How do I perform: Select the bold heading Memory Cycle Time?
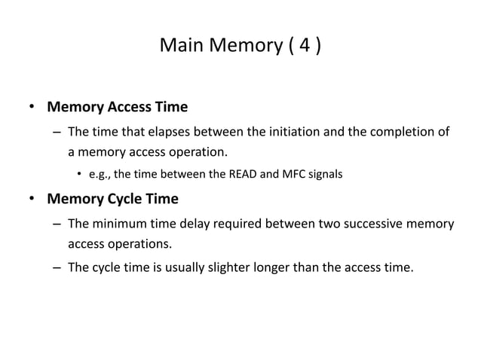coord(112,200)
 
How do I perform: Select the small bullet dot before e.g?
coord(78,176)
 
